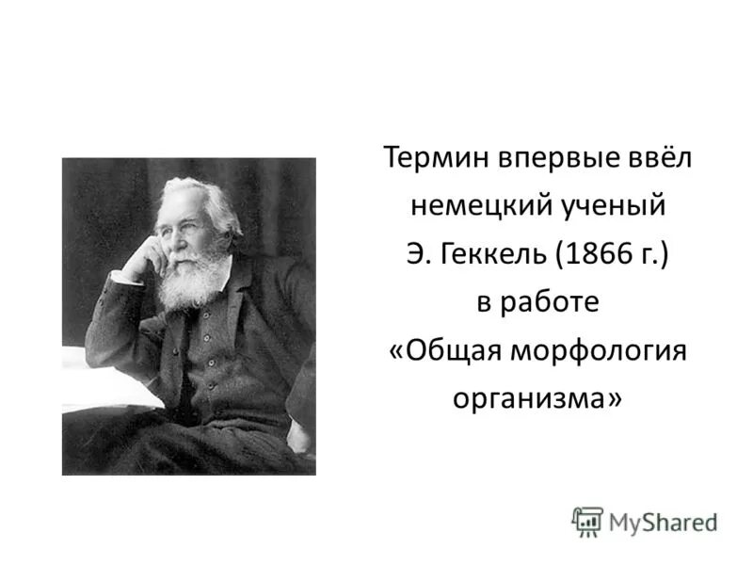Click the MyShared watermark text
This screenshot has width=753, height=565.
(x=663, y=521)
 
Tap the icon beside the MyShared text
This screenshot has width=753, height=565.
(x=587, y=521)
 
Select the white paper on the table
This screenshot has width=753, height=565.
(x=104, y=377)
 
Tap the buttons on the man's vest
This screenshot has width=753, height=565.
(x=210, y=348)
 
